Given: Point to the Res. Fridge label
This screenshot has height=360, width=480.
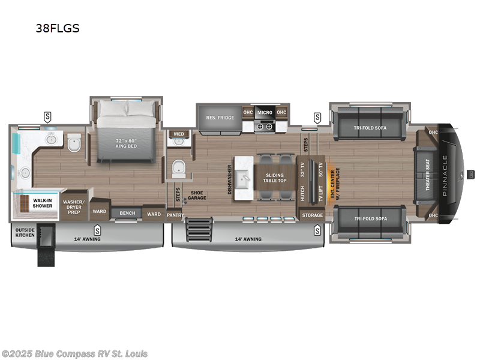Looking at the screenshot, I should [x=219, y=117].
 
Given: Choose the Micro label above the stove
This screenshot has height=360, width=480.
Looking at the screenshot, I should [x=265, y=112].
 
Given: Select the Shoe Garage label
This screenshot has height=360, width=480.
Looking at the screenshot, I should [x=197, y=196].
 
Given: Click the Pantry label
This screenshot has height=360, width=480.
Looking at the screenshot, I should [x=175, y=214].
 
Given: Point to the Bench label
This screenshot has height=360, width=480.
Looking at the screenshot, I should [x=127, y=213].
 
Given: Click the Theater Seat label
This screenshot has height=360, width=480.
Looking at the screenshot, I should [x=427, y=173].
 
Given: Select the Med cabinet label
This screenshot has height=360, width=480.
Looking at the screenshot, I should [x=179, y=134].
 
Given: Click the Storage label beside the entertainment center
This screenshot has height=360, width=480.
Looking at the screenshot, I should [x=312, y=215].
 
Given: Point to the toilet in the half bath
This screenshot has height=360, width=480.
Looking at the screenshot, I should [x=179, y=170].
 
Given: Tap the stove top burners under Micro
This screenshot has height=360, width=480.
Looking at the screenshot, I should [x=265, y=125].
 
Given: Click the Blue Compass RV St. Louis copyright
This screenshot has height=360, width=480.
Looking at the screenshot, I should [x=75, y=354].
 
